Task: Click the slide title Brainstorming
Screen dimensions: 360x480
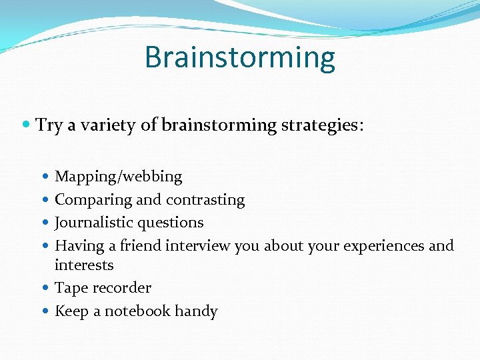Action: point(239,57)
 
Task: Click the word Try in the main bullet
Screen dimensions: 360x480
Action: point(49,125)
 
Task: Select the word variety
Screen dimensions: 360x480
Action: point(107,125)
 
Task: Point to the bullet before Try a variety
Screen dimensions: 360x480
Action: point(26,125)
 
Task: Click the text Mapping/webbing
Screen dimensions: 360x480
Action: point(118,177)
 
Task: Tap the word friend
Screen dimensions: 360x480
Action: point(141,245)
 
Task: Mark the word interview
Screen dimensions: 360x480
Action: point(197,245)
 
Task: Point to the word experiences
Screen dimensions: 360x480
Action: point(383,245)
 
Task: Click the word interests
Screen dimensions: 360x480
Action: point(84,265)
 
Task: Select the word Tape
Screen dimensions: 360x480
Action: point(69,288)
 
